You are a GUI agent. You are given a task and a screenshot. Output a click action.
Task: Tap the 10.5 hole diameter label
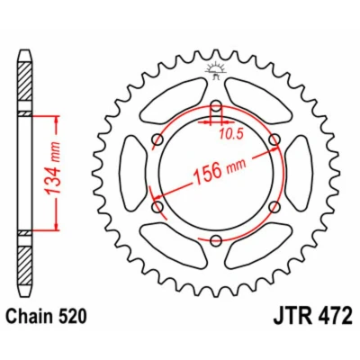pos(230,134)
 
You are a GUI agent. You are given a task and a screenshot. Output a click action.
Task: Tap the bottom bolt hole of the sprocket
pos(216,240)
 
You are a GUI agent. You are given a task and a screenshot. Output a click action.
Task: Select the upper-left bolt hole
pos(157,139)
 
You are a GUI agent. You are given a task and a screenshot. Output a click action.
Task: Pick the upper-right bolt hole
pos(274,139)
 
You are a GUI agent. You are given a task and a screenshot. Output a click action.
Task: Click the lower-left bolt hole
pos(157,207)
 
